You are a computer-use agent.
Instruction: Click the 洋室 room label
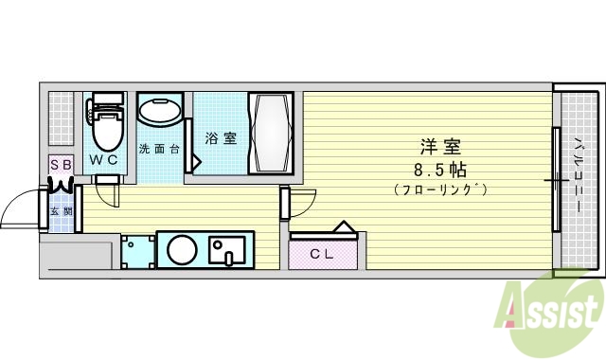440,148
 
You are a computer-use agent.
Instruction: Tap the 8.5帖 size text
439,170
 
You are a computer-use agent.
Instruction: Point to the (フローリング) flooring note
439,190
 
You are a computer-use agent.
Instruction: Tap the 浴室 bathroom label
221,138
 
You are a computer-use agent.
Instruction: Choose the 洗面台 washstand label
158,149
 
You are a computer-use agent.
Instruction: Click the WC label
104,159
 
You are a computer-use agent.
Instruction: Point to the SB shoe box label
61,165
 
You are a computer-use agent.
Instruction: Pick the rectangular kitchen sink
227,251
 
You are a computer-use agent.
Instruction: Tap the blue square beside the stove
138,251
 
